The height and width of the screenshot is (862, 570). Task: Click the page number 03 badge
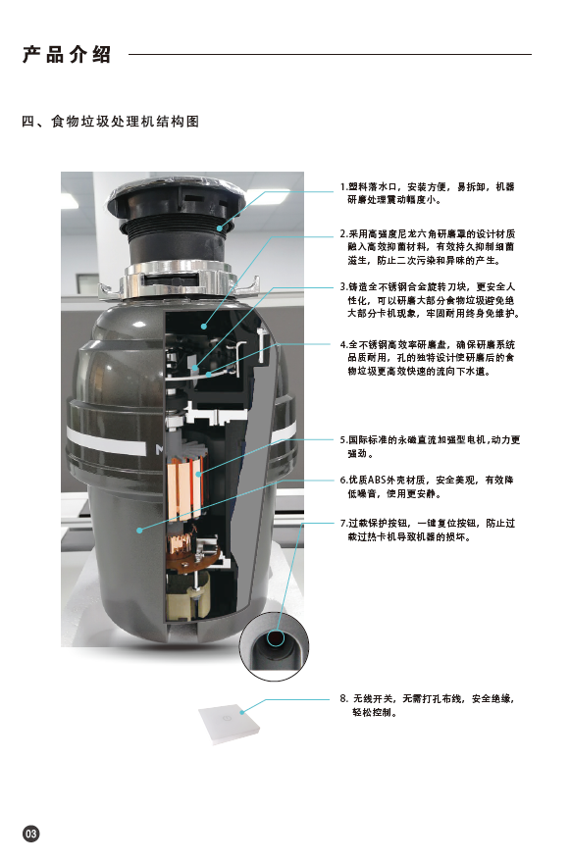(30, 834)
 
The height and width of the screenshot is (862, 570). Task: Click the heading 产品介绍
(67, 54)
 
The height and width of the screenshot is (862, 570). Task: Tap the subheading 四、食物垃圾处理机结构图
(111, 122)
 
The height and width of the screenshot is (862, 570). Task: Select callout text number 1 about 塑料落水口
(428, 193)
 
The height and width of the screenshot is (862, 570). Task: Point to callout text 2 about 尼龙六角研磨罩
(428, 247)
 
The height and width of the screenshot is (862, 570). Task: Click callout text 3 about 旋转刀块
(430, 300)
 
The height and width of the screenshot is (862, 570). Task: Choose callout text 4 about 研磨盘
(428, 358)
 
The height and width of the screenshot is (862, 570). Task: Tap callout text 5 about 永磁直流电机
(430, 446)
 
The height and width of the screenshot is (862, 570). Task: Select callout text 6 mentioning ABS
(427, 486)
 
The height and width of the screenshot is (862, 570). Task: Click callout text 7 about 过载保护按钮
(428, 530)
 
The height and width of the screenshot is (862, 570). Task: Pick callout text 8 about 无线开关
(428, 705)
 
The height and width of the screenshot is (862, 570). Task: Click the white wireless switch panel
(230, 724)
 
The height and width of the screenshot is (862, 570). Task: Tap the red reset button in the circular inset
(275, 638)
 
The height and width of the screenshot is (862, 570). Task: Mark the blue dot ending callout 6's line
(139, 530)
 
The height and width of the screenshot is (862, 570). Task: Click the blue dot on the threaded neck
(220, 228)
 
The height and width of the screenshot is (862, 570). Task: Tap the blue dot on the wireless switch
(242, 713)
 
